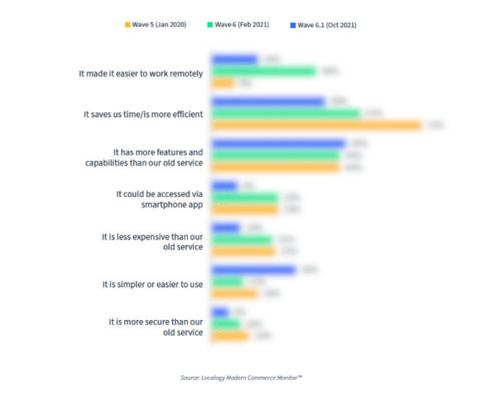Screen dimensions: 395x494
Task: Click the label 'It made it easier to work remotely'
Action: coord(141,72)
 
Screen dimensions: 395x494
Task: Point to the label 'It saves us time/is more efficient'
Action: coord(143,114)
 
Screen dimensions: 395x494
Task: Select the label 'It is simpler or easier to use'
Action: coord(152,284)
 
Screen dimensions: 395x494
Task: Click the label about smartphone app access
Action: coord(159,198)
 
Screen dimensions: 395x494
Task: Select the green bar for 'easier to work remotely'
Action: coord(264,72)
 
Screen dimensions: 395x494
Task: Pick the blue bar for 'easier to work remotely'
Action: coord(235,60)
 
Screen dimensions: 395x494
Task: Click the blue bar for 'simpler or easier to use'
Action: coord(254,270)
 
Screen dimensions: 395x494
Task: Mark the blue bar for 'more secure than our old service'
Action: coord(220,312)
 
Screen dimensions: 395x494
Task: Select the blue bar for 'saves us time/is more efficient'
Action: coord(268,101)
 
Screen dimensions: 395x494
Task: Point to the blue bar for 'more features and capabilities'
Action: coord(278,144)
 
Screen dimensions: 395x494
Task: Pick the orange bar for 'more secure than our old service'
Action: coord(231,335)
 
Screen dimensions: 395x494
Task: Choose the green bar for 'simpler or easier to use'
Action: coord(227,281)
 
